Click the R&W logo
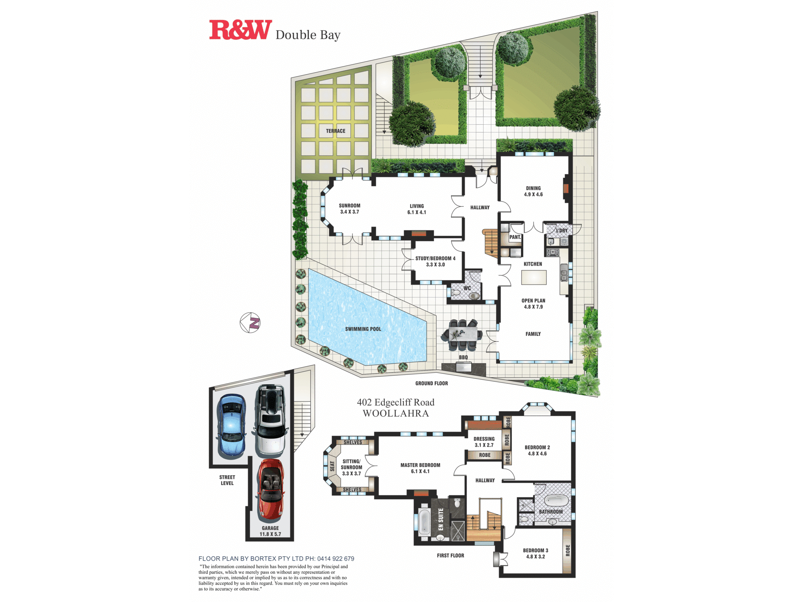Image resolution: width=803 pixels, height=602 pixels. click(240, 30)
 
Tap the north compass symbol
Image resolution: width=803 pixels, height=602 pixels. click(250, 323)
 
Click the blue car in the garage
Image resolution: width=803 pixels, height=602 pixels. click(232, 426)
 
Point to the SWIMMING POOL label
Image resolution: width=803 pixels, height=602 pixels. click(363, 329)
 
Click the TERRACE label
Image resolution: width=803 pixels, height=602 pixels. click(336, 131)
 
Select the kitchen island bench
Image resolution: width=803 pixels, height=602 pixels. click(534, 277)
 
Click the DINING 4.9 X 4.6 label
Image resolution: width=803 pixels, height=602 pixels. click(533, 191)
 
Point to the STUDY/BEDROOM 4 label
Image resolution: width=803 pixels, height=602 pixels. click(435, 258)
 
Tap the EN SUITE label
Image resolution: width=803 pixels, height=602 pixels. click(441, 519)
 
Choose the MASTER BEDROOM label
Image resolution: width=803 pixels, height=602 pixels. click(420, 465)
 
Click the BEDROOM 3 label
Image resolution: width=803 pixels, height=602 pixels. click(535, 550)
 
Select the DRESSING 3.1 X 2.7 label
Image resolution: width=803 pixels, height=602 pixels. click(484, 442)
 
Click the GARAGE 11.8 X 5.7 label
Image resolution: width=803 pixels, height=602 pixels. click(270, 531)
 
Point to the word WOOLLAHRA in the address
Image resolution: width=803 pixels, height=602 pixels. click(396, 413)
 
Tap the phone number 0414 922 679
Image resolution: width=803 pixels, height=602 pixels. click(336, 559)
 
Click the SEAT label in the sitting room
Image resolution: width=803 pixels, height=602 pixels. click(332, 466)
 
